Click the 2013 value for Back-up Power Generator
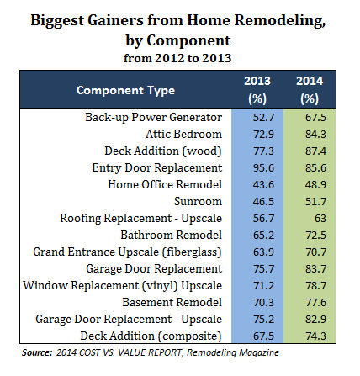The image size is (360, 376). tap(263, 118)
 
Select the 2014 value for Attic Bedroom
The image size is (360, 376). tap(315, 135)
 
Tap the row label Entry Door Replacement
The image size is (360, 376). tap(157, 168)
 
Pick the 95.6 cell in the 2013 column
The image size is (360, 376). tap(263, 168)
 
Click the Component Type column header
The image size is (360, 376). tap(125, 90)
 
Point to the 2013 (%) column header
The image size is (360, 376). tap(257, 90)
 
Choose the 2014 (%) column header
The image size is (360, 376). tap(310, 90)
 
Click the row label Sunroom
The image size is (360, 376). tap(198, 201)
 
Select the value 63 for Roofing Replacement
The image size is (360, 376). tap(320, 219)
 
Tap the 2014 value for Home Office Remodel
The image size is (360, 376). tap(315, 185)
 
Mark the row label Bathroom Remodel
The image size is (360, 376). tap(172, 235)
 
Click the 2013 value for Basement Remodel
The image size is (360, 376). tap(263, 303)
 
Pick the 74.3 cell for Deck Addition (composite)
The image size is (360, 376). tap(315, 336)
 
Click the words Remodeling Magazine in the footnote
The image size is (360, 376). tap(233, 352)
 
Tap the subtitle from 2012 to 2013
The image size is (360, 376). tap(177, 58)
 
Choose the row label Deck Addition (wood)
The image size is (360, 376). tap(163, 151)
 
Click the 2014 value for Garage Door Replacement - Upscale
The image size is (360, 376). tap(315, 320)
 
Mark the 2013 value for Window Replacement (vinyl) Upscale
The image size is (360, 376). tap(263, 286)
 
